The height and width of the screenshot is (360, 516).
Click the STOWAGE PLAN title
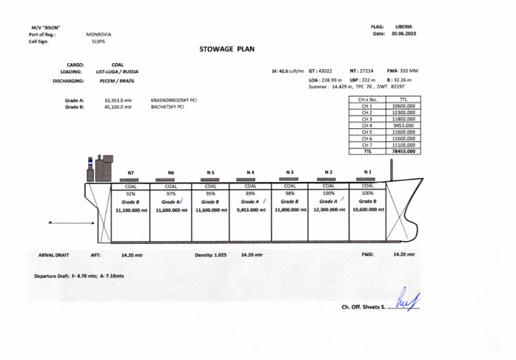pos(227,49)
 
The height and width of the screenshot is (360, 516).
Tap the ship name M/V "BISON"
pos(44,27)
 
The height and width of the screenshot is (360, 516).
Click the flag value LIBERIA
pos(403,26)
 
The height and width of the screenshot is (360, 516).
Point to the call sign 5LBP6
pos(99,41)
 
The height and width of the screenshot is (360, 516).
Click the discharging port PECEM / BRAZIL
pos(116,81)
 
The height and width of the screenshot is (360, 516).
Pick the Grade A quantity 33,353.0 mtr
pos(118,100)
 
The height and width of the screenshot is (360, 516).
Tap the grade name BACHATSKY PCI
pos(167,106)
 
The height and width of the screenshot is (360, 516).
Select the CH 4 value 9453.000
pos(403,126)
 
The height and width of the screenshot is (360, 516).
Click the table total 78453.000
pos(403,151)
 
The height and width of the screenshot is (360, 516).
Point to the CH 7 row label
pos(367,145)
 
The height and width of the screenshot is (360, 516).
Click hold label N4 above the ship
pos(250,173)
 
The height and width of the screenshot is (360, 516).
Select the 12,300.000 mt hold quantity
pos(329,210)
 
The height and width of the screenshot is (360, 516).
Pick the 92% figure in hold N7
pos(130,193)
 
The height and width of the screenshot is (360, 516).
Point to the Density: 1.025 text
pos(211,255)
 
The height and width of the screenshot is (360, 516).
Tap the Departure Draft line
pos(79,276)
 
